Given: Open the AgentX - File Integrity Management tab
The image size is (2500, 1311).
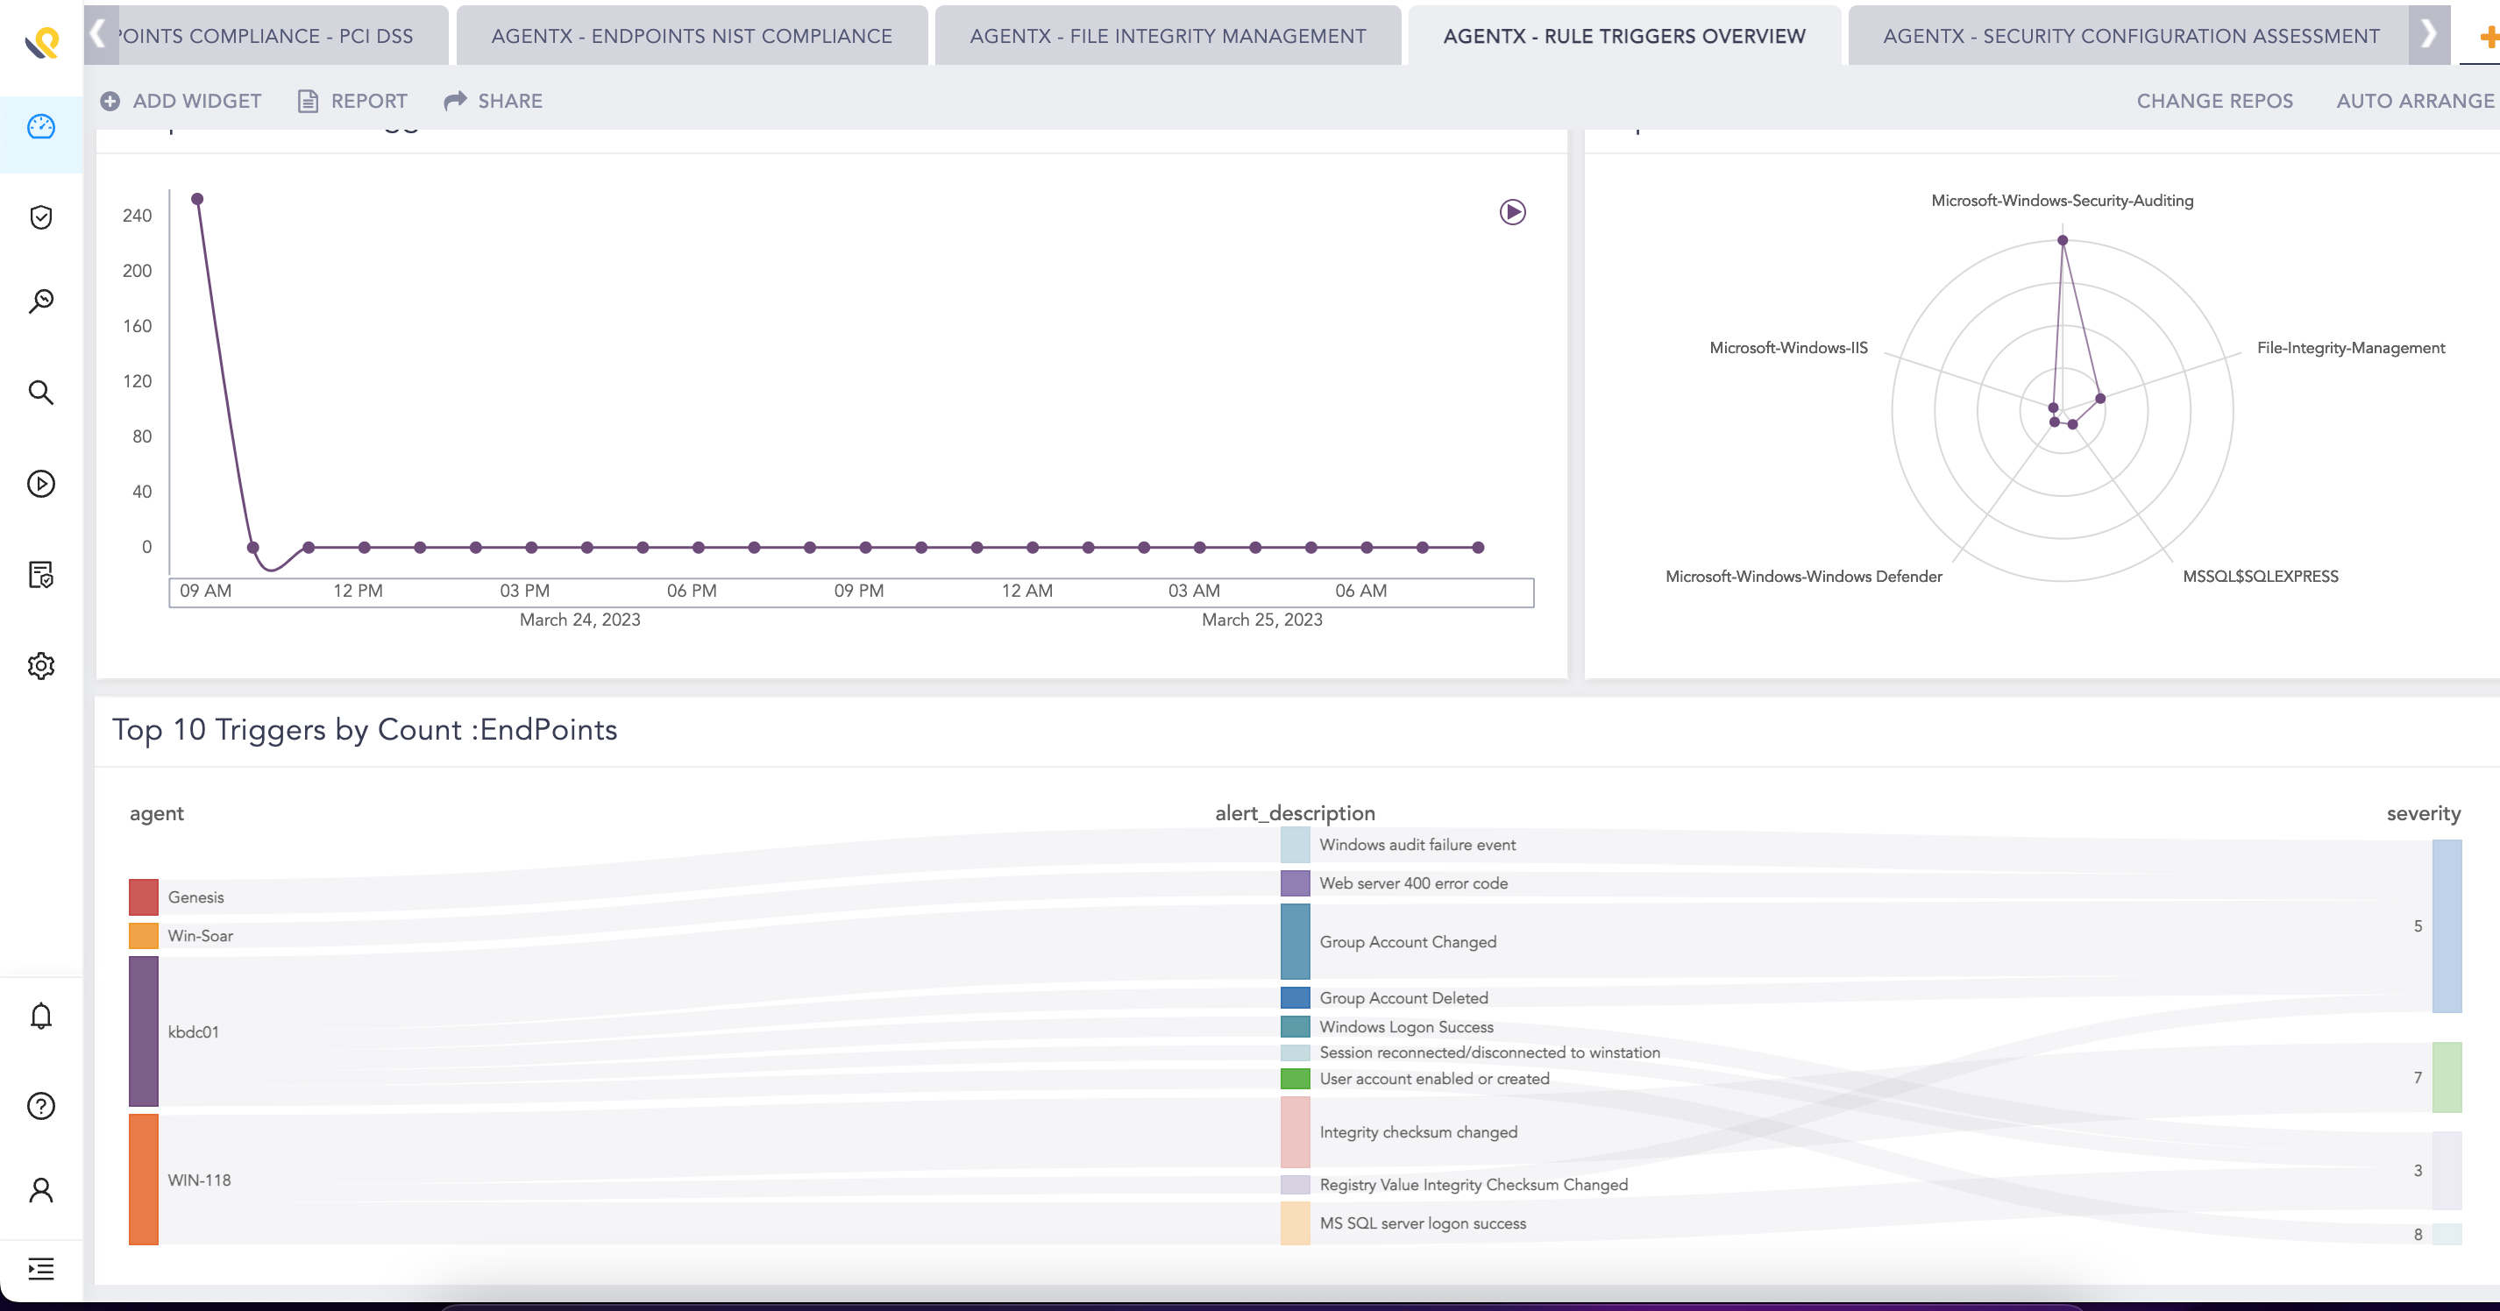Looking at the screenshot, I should coord(1168,36).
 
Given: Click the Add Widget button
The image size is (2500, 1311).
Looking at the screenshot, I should coord(181,101).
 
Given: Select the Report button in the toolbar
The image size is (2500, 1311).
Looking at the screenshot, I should coord(352,101).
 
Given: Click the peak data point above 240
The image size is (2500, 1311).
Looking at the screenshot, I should coord(197,199).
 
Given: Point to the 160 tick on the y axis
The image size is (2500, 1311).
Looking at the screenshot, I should coord(137,326).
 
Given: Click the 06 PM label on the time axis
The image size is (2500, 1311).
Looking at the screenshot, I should coord(691,590).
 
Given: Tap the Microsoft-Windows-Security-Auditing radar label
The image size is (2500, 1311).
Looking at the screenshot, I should coord(2062,200).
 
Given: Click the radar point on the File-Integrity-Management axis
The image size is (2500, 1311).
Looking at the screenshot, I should coord(2100,398).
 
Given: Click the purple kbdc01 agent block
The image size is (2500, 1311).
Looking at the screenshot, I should coord(144,1031).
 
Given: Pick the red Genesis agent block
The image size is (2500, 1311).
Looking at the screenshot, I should coord(144,896).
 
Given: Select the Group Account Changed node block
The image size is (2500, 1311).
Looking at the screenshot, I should coord(1295,941).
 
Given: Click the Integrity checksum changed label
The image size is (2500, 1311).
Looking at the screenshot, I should coord(1418,1132).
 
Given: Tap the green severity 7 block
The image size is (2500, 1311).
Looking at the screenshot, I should coord(2446,1077).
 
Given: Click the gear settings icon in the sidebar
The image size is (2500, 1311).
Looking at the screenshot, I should coord(40,666).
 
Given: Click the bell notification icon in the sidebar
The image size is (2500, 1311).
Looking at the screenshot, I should coord(40,1016).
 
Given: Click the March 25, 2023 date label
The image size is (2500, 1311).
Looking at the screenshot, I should coord(1261,619).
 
